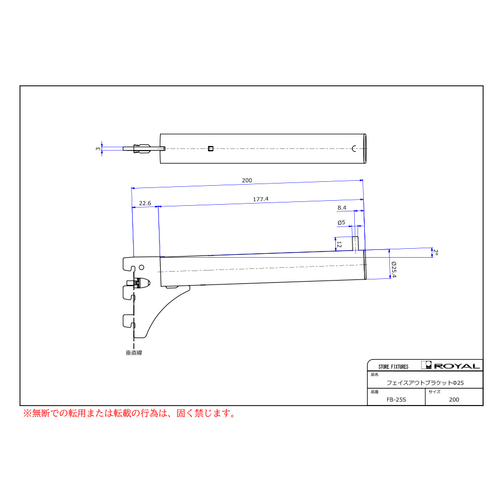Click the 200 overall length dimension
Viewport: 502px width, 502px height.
tap(247, 181)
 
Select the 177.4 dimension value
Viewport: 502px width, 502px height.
tap(260, 199)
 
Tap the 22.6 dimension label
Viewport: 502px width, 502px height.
tap(145, 203)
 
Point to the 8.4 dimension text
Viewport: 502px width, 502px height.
tap(342, 208)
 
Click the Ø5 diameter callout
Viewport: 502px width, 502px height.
tap(341, 223)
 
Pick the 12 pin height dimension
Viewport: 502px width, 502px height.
tap(339, 245)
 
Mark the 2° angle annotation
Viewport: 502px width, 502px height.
tap(436, 252)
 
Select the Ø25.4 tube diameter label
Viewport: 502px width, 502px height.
tap(394, 269)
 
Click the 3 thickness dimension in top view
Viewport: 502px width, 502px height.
tap(98, 148)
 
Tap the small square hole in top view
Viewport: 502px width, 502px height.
tap(210, 148)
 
